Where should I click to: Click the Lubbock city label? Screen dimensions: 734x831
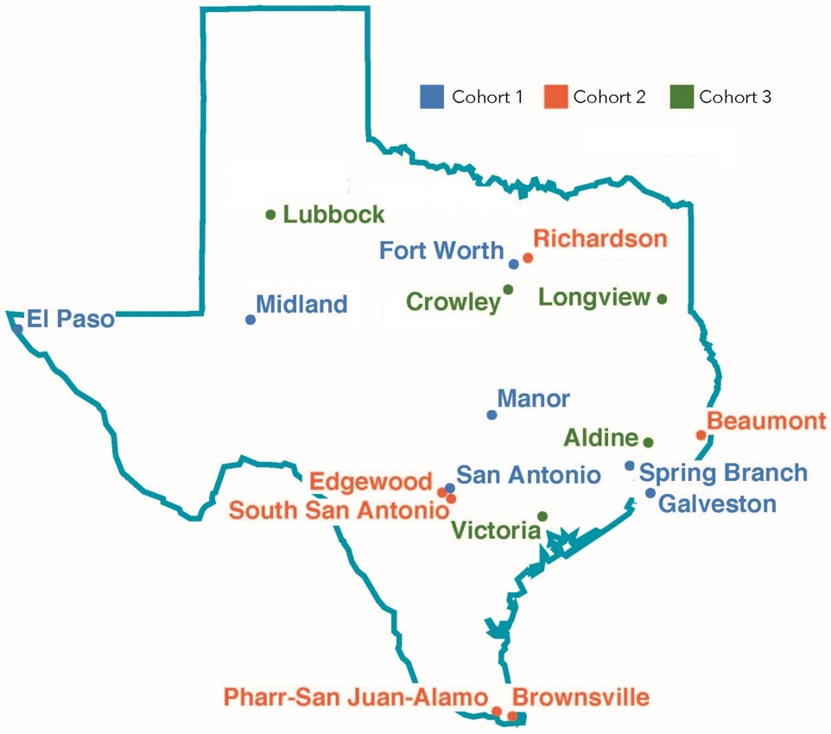point(334,214)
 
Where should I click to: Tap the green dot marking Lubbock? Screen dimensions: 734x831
point(270,215)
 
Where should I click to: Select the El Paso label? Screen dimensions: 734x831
point(71,320)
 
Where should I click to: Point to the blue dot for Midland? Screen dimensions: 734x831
point(251,320)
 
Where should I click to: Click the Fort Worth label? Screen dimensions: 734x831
point(441,251)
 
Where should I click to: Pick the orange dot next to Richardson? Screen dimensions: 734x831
point(528,257)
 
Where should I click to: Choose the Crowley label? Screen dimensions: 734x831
point(454,302)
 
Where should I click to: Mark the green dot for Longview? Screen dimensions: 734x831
point(663,299)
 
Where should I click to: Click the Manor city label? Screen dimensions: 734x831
point(534,399)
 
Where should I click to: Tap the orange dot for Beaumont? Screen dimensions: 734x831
point(701,434)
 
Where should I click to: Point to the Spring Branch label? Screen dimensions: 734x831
point(724,473)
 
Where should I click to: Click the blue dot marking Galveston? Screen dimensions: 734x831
point(650,493)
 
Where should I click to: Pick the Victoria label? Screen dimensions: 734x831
point(496,530)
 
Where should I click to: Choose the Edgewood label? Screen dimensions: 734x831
point(371,481)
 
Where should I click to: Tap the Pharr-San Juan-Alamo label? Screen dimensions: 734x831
point(355,697)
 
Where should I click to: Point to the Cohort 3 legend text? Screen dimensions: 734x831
point(735,97)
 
